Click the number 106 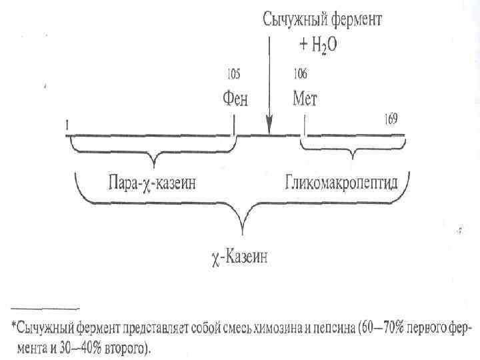click(x=300, y=74)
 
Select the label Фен click(x=234, y=99)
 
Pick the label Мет click(x=305, y=99)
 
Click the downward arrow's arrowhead click(x=269, y=125)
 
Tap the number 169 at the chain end click(x=391, y=119)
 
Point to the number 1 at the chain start click(x=67, y=125)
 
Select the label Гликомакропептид click(x=341, y=183)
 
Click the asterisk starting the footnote click(x=14, y=326)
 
